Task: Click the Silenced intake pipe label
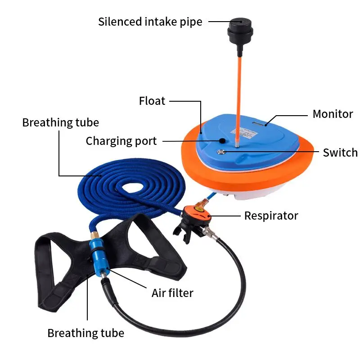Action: [150, 21]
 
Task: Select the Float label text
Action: [152, 101]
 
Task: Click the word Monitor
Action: [333, 114]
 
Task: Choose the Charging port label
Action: [121, 141]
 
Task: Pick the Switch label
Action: [340, 153]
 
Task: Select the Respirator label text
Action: [271, 216]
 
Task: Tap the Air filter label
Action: [172, 293]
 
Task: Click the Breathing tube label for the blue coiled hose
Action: [60, 122]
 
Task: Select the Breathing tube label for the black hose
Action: [85, 333]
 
